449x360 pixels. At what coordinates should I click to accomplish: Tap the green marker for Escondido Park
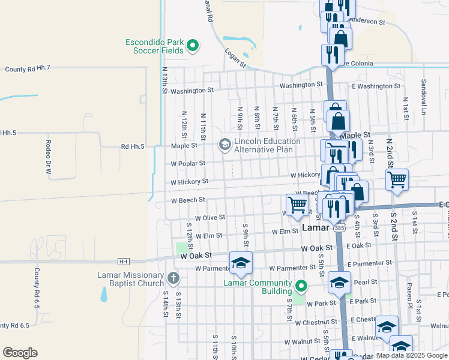(193, 44)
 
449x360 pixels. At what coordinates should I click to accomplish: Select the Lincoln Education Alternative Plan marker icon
(224, 144)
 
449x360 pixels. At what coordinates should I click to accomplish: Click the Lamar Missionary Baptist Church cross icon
(173, 278)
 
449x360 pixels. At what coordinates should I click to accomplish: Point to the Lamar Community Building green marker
(301, 285)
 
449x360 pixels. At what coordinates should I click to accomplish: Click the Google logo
(20, 353)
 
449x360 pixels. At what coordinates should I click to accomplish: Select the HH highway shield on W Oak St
(124, 261)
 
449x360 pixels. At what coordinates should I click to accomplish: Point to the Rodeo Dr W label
(48, 157)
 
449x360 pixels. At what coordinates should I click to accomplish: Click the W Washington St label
(191, 91)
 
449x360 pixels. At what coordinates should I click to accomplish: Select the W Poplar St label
(188, 163)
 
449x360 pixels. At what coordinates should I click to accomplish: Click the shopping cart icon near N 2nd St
(397, 179)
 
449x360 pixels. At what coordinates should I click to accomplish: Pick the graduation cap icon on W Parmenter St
(241, 262)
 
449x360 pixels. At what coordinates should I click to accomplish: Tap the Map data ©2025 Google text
(412, 355)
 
